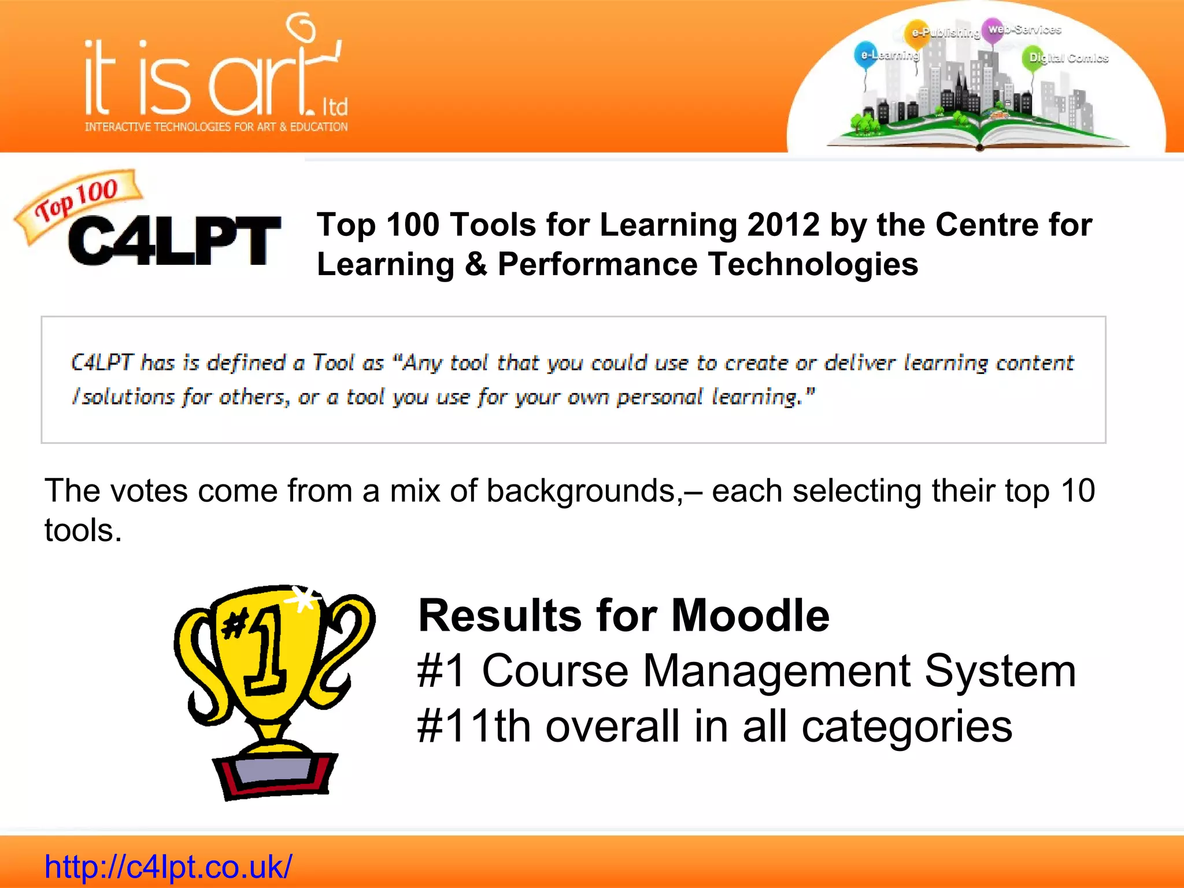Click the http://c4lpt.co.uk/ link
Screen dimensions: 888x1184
pos(168,866)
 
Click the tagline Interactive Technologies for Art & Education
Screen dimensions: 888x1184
pos(216,127)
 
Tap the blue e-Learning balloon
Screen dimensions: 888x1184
pos(865,55)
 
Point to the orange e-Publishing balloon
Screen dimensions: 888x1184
pos(916,32)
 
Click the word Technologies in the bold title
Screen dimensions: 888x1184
pos(813,265)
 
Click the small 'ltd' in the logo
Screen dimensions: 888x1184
pos(335,107)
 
